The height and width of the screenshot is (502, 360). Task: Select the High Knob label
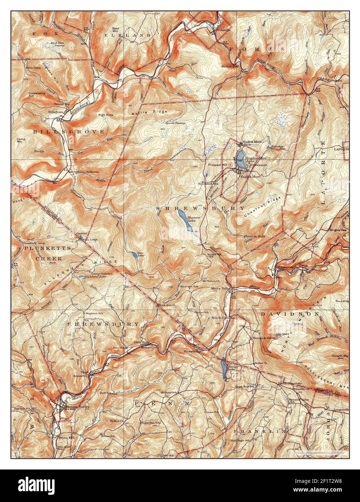(106, 115)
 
